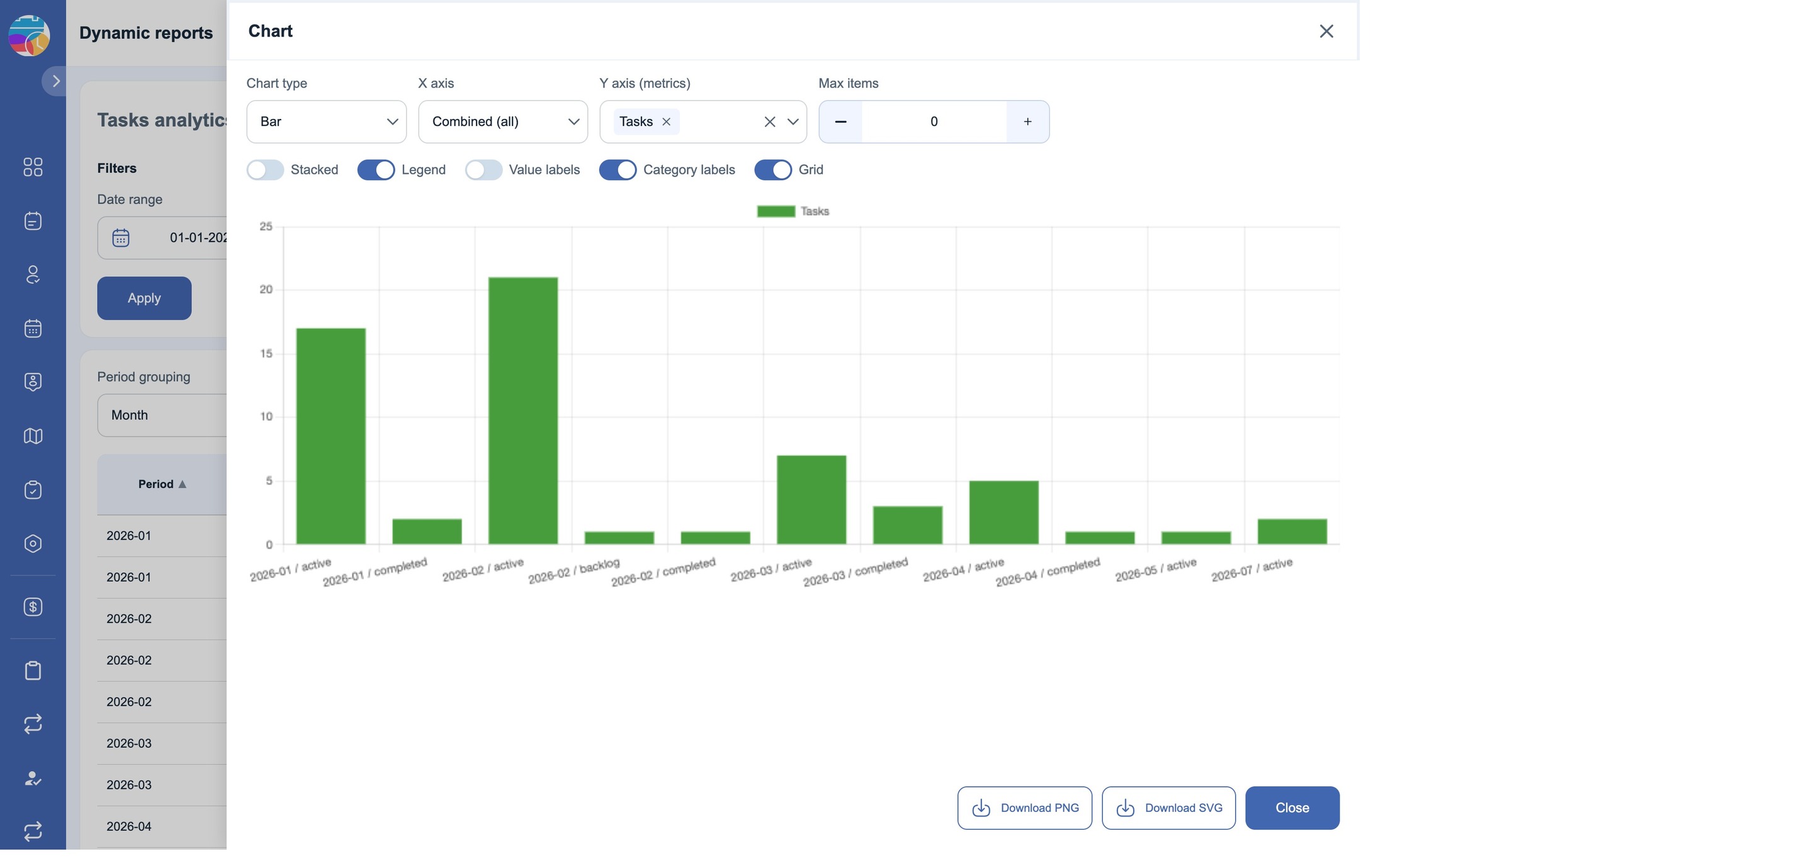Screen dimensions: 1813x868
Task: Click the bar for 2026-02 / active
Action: [x=523, y=410]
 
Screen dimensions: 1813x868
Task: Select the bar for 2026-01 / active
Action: [x=330, y=436]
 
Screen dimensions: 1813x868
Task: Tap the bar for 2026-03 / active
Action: [x=811, y=500]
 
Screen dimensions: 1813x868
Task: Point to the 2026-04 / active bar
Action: [x=1003, y=512]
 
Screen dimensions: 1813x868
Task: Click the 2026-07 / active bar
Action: [x=1292, y=531]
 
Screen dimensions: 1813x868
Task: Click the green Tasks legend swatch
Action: [x=776, y=211]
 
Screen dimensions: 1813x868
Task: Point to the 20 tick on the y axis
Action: [x=265, y=290]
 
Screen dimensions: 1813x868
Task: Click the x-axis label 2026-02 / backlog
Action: [x=573, y=571]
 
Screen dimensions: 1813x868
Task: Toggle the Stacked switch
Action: [x=265, y=170]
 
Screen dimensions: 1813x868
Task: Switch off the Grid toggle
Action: [x=773, y=170]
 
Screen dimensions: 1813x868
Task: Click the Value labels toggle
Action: [x=483, y=170]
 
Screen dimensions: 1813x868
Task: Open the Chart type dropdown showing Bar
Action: [x=327, y=121]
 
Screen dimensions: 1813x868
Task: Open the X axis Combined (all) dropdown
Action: [x=503, y=121]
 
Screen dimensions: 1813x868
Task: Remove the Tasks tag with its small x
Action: [x=666, y=121]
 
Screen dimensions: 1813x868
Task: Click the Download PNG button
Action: [x=1025, y=808]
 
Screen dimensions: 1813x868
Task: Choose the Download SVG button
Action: [x=1168, y=808]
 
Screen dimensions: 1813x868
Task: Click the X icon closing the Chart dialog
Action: [x=1326, y=31]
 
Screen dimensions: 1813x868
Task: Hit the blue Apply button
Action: [x=144, y=298]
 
